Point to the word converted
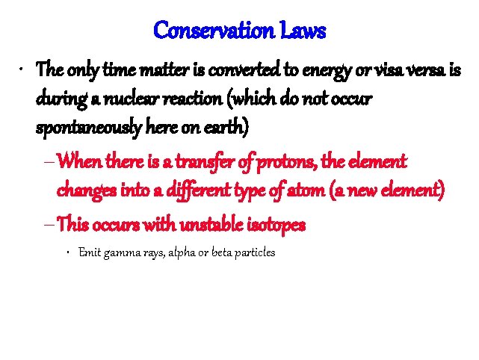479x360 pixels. click(x=232, y=72)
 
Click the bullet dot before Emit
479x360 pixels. click(x=68, y=252)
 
